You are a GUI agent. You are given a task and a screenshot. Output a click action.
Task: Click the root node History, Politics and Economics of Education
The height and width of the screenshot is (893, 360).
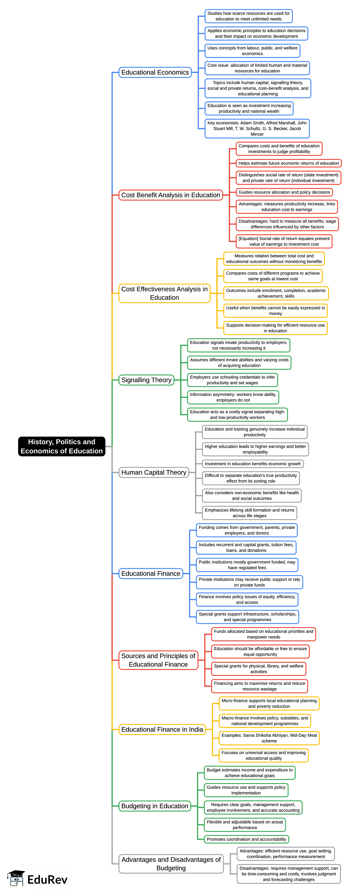(62, 446)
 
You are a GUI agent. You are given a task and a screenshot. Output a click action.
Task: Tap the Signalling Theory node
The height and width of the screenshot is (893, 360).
(146, 380)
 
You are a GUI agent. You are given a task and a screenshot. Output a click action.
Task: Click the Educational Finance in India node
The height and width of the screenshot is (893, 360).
(162, 729)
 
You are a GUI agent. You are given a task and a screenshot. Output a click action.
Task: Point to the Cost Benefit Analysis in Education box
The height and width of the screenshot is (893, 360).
(170, 195)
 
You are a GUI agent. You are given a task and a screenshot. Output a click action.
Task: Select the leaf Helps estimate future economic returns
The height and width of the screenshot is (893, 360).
(289, 163)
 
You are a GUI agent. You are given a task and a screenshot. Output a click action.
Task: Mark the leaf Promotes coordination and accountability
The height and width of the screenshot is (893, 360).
(246, 839)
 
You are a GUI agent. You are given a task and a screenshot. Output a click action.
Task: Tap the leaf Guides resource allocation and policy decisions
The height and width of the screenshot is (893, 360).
(284, 192)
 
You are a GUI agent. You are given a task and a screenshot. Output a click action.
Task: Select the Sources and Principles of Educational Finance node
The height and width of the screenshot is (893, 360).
(158, 660)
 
